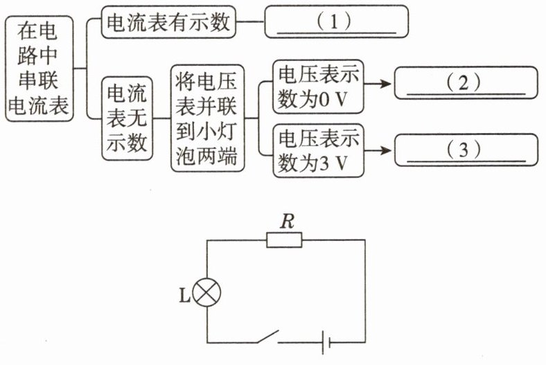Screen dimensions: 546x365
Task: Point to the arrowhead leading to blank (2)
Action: pos(387,84)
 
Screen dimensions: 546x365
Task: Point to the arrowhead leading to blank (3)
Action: pos(387,151)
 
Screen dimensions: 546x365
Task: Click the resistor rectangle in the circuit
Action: pos(284,240)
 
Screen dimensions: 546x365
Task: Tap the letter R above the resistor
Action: pos(288,221)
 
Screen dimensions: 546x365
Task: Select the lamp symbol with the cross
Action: pos(207,293)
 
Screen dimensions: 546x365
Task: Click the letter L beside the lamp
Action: pos(184,296)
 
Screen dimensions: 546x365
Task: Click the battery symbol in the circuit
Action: pos(326,342)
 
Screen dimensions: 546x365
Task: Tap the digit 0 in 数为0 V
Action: pos(324,100)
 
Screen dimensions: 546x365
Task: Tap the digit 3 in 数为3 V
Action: pos(324,164)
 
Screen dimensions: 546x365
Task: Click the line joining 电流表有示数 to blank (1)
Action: pos(250,21)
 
